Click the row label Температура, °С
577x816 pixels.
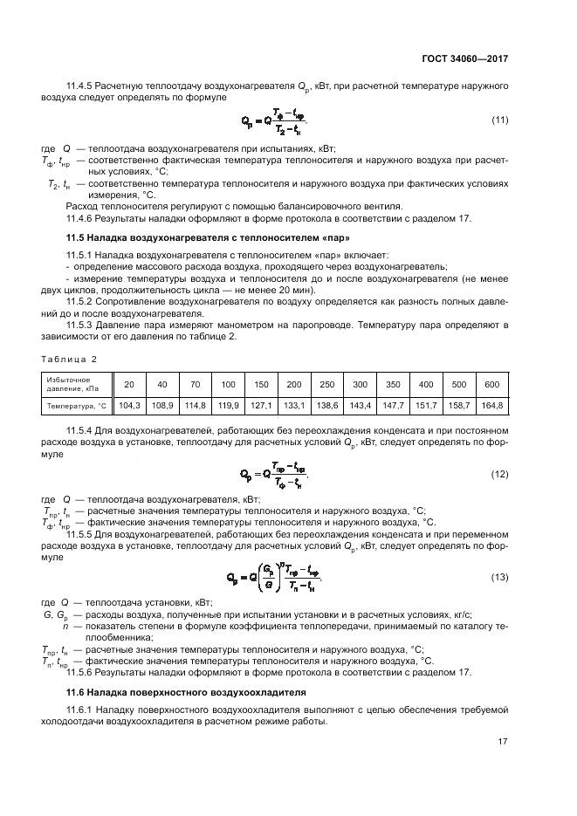(x=76, y=406)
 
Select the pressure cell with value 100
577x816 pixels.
(x=228, y=385)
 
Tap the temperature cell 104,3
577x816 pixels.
(x=129, y=406)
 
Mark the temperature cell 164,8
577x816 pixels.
(x=491, y=406)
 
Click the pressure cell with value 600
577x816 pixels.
(x=491, y=385)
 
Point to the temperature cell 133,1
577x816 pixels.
(x=294, y=406)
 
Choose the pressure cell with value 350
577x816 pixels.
(x=393, y=385)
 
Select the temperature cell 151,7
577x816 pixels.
(x=426, y=406)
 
